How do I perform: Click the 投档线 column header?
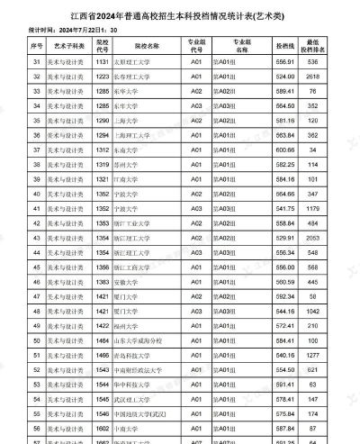click(x=285, y=44)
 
